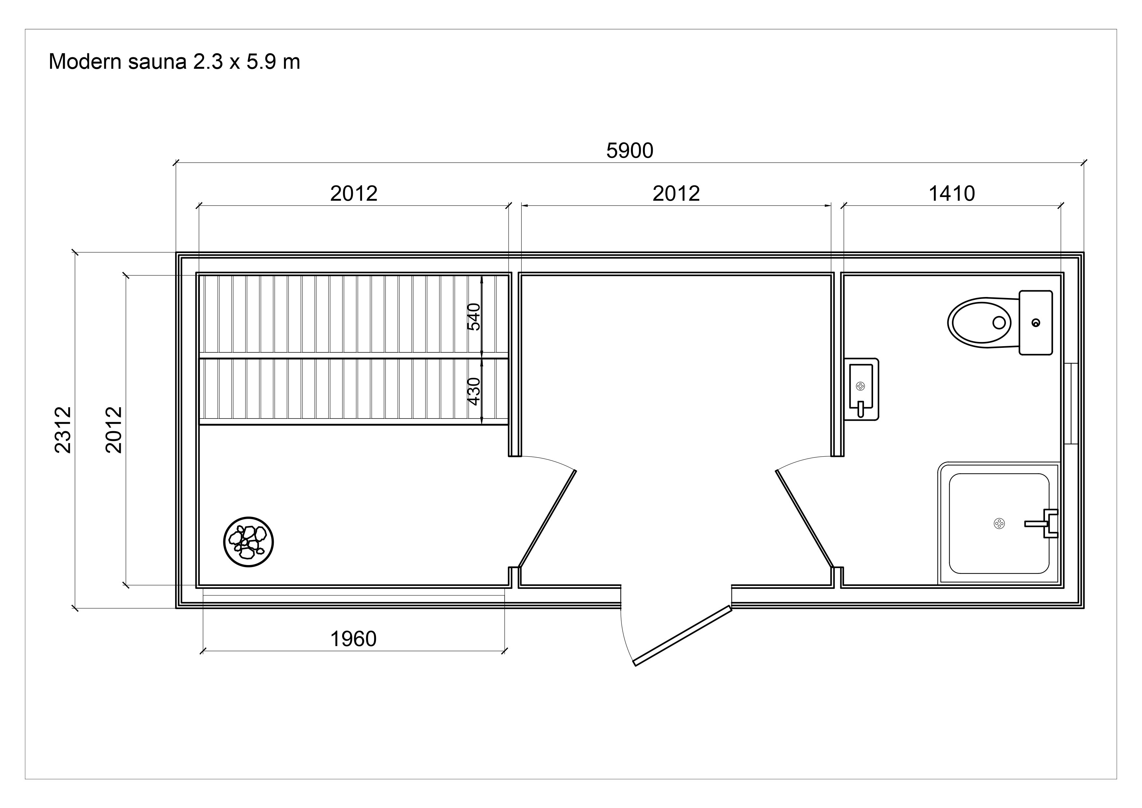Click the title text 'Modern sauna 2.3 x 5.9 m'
point(174,62)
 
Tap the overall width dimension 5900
point(630,151)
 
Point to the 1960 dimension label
point(354,639)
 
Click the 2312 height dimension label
point(63,430)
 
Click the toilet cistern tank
point(1036,322)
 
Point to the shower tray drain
point(999,523)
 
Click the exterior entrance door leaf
point(682,635)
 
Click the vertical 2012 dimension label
point(114,430)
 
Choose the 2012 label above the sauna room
point(354,193)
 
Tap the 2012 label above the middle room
point(676,193)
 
